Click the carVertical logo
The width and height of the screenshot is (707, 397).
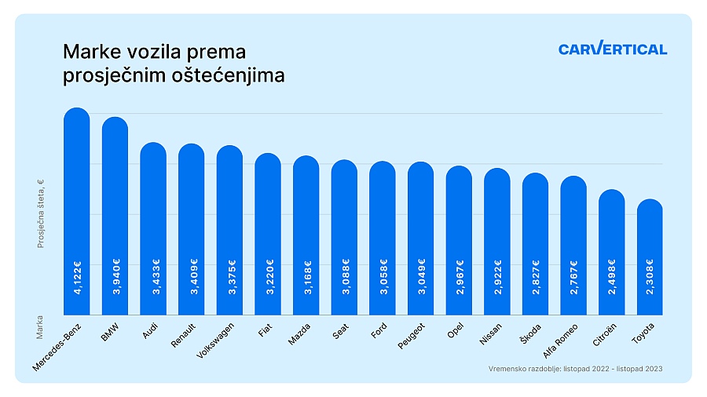[x=613, y=49]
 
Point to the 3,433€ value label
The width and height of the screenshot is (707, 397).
[x=153, y=276]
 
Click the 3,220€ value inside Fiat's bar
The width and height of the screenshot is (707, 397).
[x=268, y=276]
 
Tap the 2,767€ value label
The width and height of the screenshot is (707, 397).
[x=573, y=276]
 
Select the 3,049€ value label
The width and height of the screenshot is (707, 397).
[x=421, y=276]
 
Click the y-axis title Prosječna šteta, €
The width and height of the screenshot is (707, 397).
[x=40, y=213]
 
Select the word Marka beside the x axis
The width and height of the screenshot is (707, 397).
[x=40, y=328]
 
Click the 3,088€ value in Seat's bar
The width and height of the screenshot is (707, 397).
[x=344, y=276]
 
